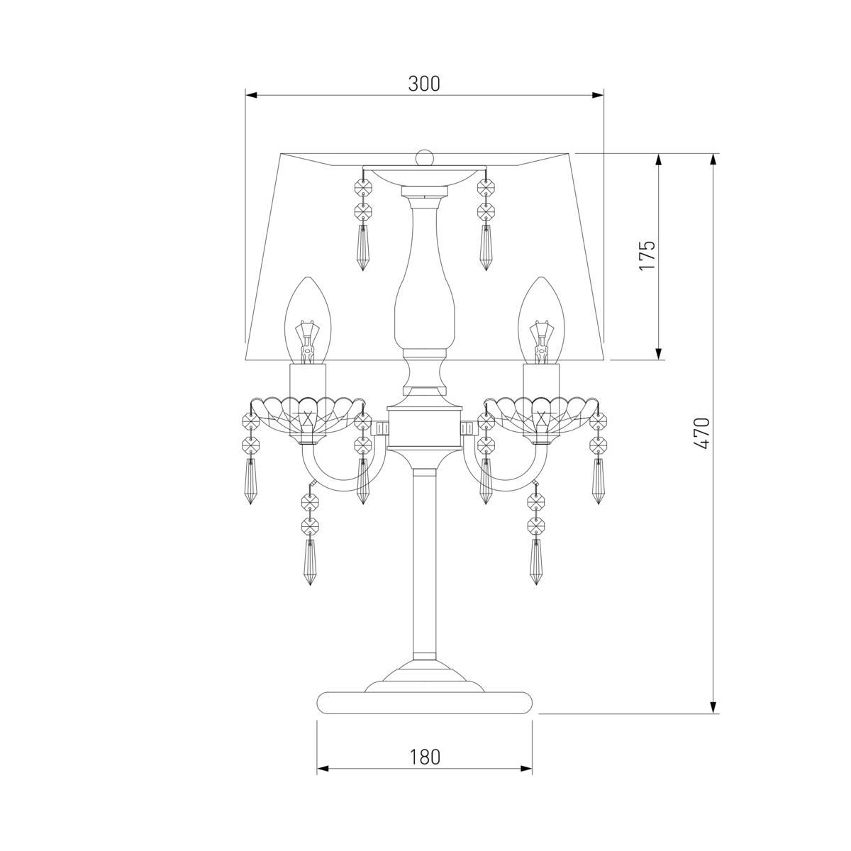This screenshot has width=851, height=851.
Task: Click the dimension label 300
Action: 424,84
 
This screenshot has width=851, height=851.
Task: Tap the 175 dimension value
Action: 647,256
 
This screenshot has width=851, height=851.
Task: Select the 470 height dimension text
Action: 702,433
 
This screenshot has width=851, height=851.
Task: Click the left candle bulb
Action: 308,321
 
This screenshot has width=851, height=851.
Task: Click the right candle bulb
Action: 541,321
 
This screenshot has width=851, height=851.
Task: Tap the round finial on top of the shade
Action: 425,157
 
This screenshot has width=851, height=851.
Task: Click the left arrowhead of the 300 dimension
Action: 251,95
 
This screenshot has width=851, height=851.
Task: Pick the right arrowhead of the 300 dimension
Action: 598,95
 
